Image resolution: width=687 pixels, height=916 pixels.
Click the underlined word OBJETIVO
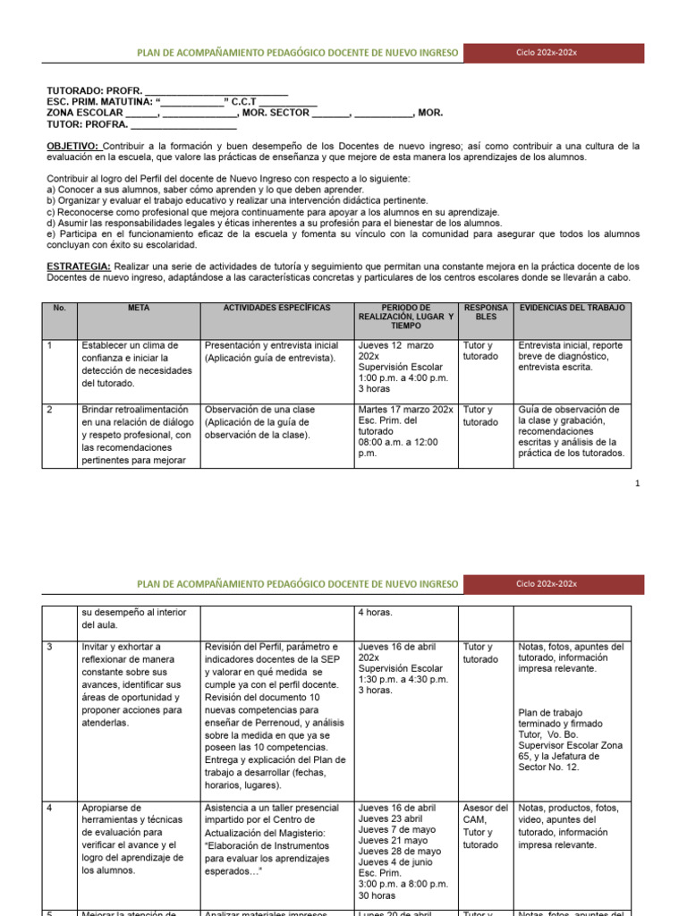(x=72, y=146)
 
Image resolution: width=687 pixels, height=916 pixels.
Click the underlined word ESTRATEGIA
(x=78, y=267)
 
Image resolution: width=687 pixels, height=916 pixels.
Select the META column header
(x=138, y=308)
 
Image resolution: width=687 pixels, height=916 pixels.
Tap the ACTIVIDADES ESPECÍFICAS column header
(x=276, y=308)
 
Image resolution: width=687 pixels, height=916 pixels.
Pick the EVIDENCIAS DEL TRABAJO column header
(x=572, y=308)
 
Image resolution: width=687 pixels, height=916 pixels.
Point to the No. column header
(x=60, y=308)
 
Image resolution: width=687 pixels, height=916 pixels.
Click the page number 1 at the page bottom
(x=637, y=484)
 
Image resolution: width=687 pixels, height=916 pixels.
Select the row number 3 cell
(x=49, y=647)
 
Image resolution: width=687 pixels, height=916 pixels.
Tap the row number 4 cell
(x=49, y=808)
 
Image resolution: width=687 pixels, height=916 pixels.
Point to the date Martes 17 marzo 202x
(x=405, y=410)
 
